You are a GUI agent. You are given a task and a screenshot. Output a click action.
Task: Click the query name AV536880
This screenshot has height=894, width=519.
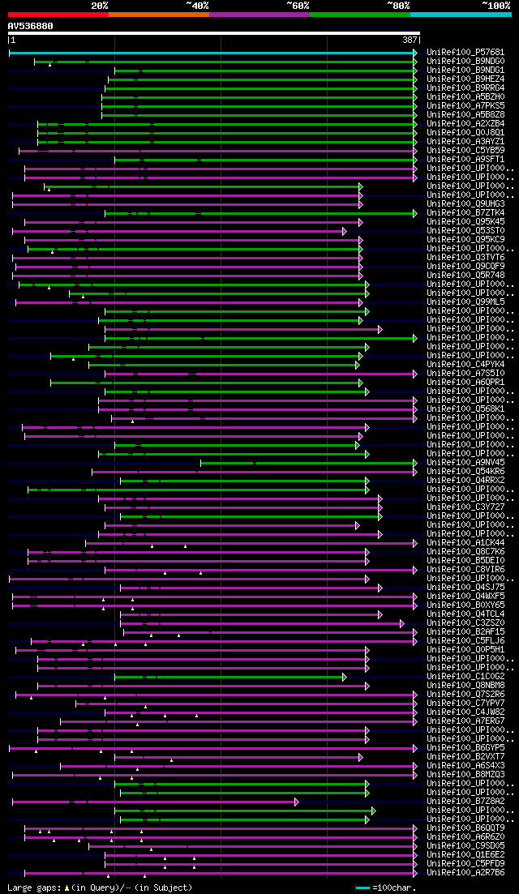[31, 26]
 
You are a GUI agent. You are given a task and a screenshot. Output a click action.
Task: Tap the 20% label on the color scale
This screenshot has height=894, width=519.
[100, 5]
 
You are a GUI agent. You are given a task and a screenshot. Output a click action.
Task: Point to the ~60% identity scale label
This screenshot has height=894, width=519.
[298, 5]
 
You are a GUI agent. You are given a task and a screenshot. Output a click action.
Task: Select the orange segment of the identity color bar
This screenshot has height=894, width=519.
[158, 15]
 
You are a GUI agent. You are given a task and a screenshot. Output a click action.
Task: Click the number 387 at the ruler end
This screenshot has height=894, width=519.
[409, 40]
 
